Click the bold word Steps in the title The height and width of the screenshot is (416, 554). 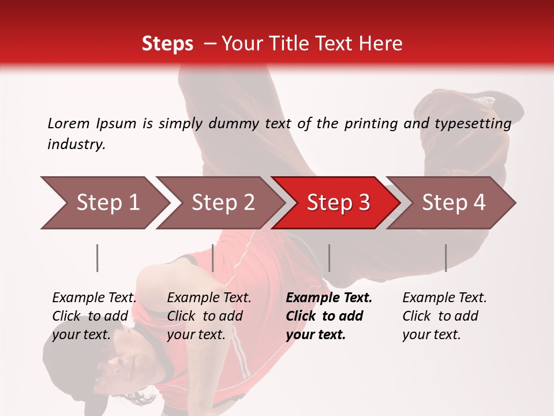(x=167, y=44)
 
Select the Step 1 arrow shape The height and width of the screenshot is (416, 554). (x=104, y=203)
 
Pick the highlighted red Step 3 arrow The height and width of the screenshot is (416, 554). (x=338, y=203)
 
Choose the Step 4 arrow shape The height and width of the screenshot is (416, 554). (x=453, y=203)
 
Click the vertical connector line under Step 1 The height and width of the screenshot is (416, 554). (x=98, y=258)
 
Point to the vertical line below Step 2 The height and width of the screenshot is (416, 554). (x=213, y=258)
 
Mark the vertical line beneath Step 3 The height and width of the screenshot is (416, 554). (x=329, y=258)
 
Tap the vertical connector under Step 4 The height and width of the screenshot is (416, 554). (x=446, y=258)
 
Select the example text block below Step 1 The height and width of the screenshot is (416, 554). (x=94, y=316)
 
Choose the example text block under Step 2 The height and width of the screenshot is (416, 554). (x=209, y=316)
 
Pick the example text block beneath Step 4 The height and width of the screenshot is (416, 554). (x=444, y=316)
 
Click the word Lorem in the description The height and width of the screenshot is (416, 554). (x=68, y=123)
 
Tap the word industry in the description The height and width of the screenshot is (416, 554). (x=76, y=144)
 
